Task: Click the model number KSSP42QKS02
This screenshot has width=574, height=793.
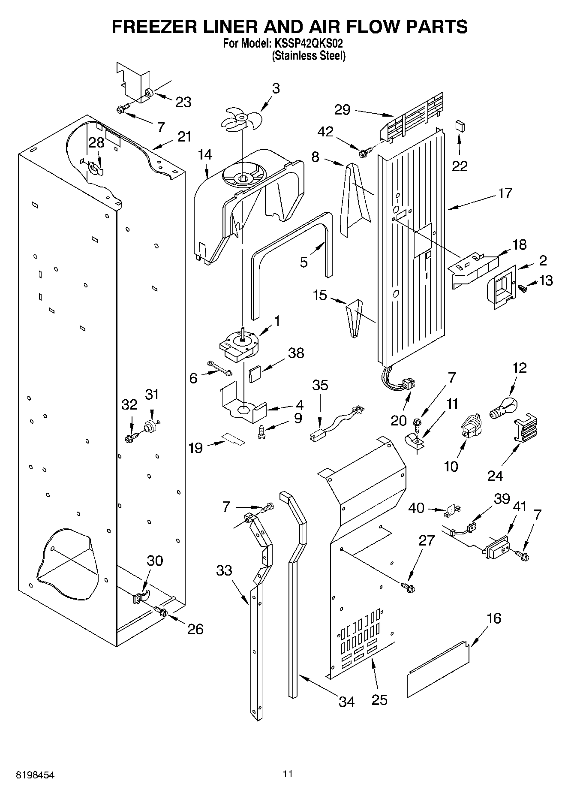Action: click(x=307, y=43)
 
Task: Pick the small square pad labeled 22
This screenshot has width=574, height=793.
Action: click(x=460, y=126)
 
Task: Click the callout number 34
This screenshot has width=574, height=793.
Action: click(x=346, y=702)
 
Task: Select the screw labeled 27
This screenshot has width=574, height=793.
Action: click(x=408, y=587)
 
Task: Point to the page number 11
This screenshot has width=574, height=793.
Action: click(x=288, y=774)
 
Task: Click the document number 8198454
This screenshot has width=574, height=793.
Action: click(x=36, y=775)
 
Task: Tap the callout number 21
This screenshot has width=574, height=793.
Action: click(x=184, y=137)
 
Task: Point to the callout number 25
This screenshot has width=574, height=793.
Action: click(x=379, y=700)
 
